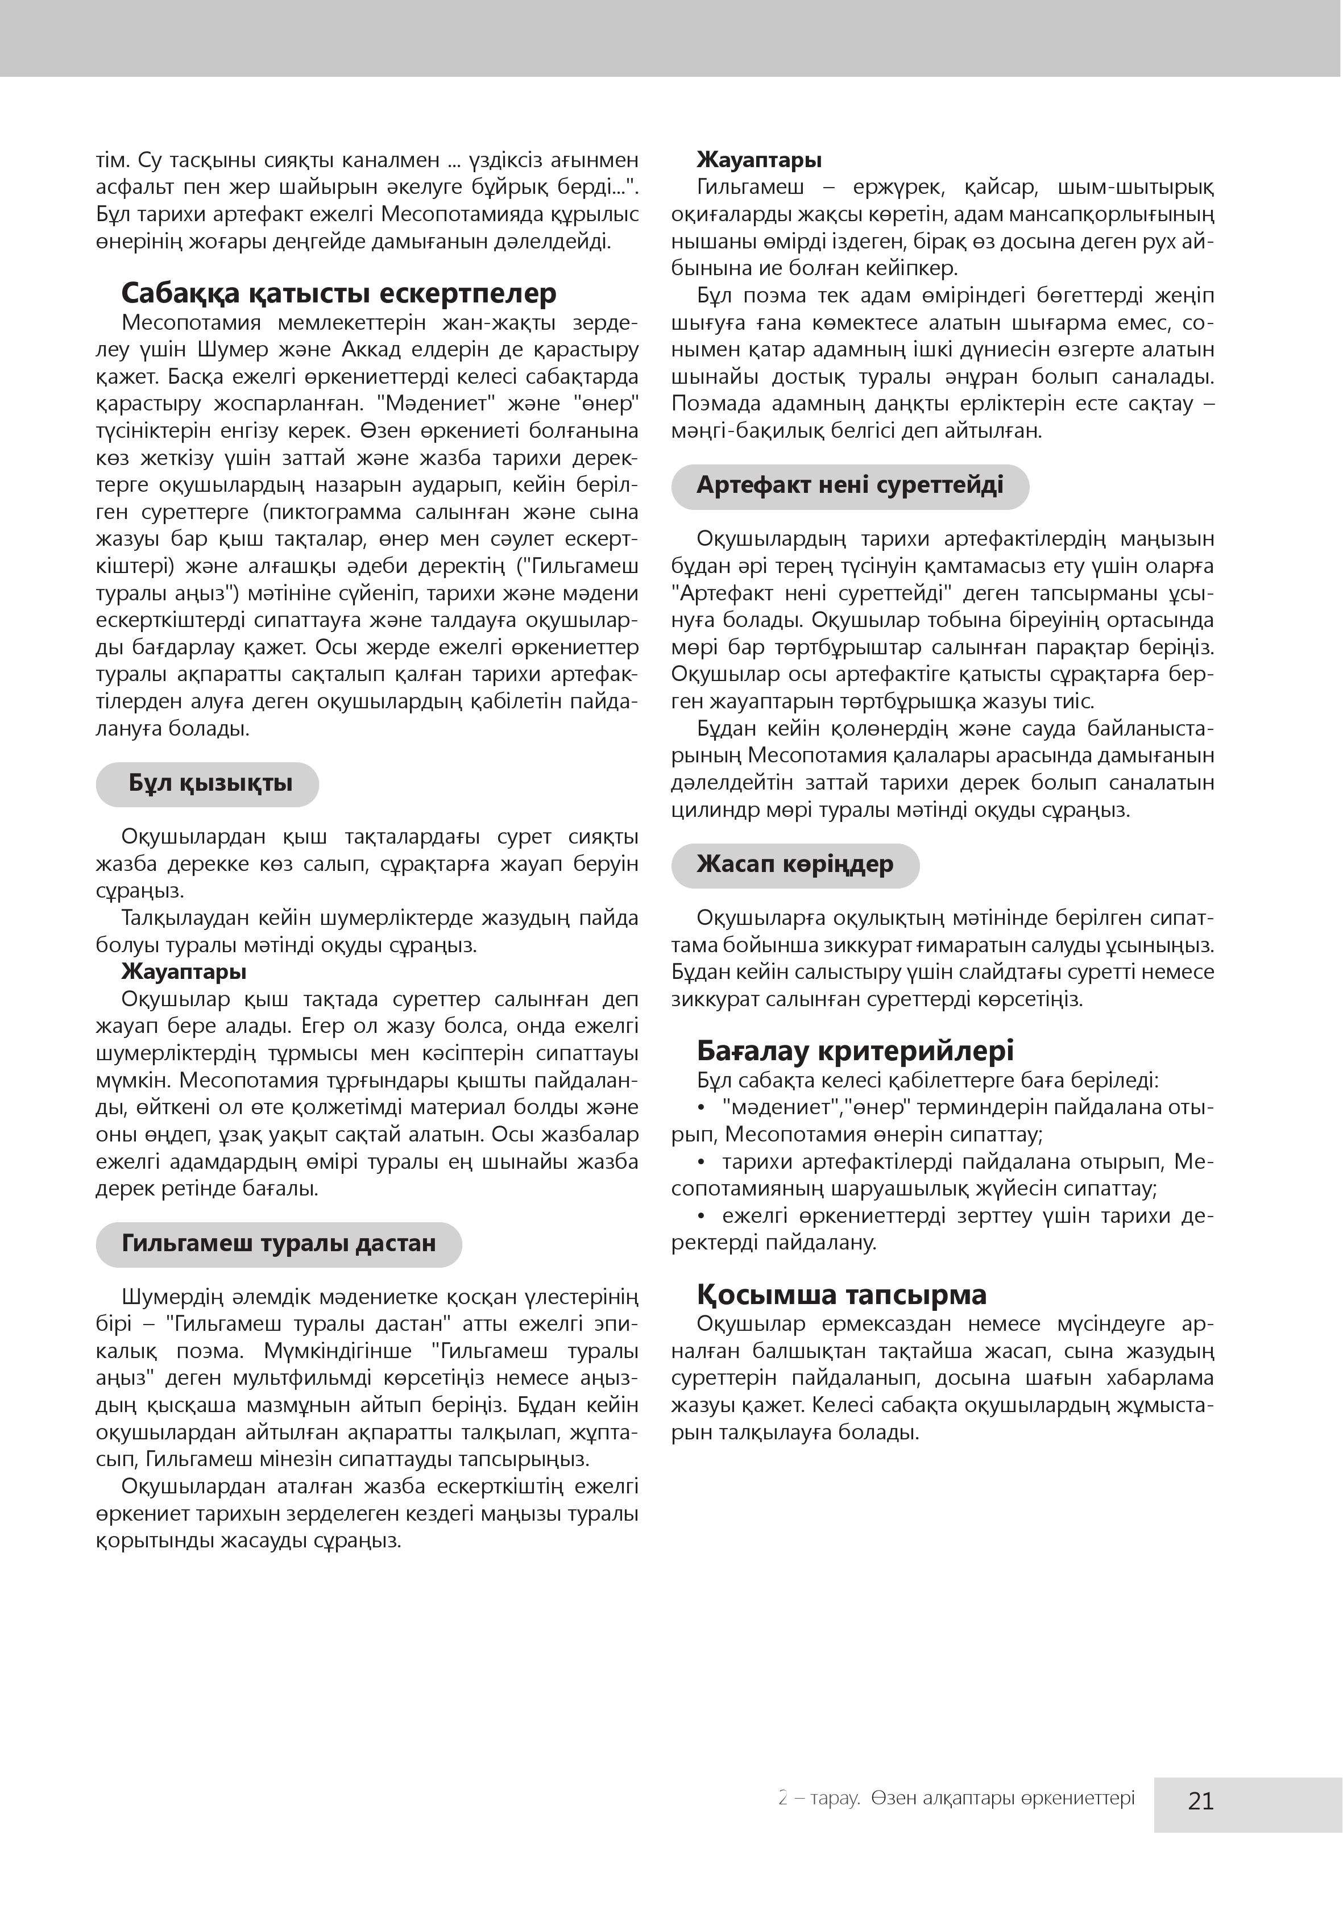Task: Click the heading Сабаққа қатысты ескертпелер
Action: point(338,293)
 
